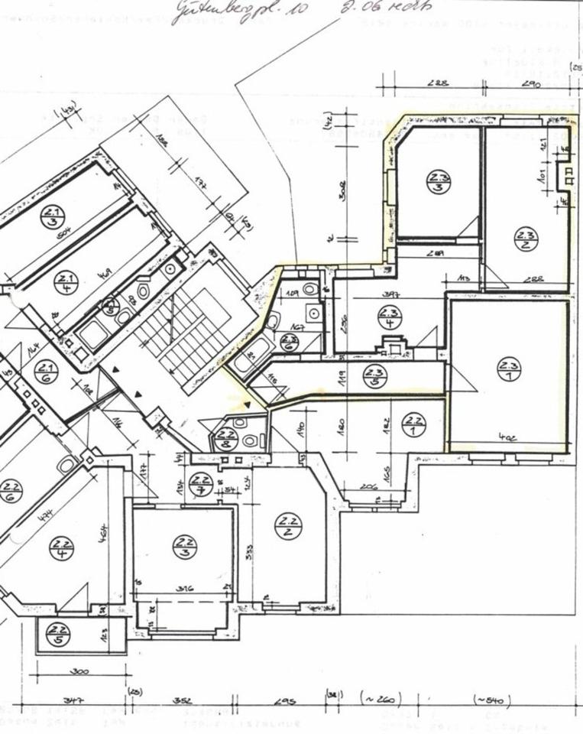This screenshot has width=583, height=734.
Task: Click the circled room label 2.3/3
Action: tap(439, 183)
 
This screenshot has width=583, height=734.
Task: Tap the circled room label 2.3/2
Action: tap(526, 239)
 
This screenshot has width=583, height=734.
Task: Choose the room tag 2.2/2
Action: tap(288, 526)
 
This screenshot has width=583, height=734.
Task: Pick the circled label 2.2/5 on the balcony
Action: tap(57, 634)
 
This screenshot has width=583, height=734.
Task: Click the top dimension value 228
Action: tap(438, 84)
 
